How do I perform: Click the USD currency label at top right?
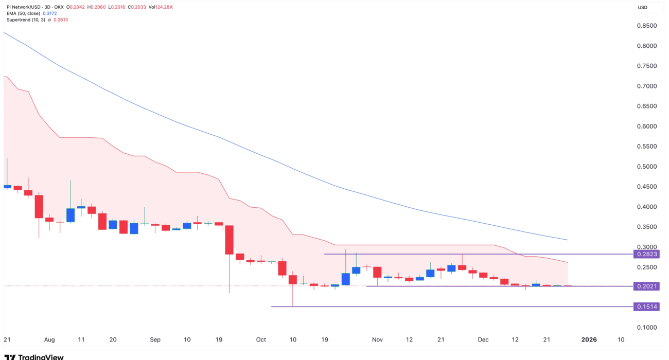click(x=642, y=7)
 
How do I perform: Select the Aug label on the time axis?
click(x=49, y=340)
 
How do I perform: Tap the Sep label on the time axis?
click(x=155, y=340)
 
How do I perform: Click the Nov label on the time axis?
click(x=378, y=340)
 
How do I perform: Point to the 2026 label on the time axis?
click(x=589, y=340)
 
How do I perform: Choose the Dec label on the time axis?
click(x=483, y=340)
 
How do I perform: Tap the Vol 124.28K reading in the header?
click(x=160, y=7)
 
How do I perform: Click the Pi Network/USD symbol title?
click(x=26, y=7)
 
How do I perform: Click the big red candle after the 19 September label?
click(x=230, y=240)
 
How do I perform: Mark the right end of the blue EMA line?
click(x=568, y=240)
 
